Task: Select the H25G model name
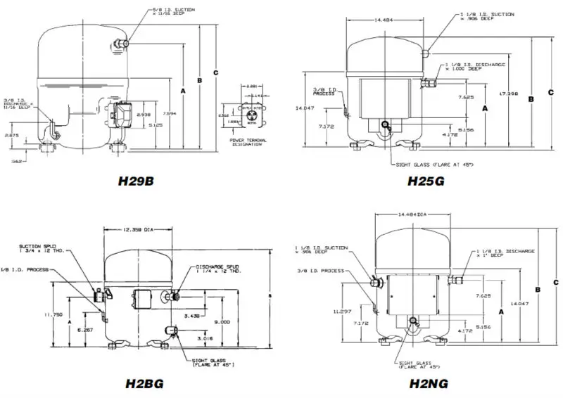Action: (x=426, y=181)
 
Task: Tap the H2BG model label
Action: (x=145, y=384)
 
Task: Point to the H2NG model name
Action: (x=426, y=384)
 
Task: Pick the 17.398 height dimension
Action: (x=510, y=94)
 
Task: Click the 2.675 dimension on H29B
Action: (x=12, y=134)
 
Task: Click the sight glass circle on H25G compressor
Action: (x=385, y=127)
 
